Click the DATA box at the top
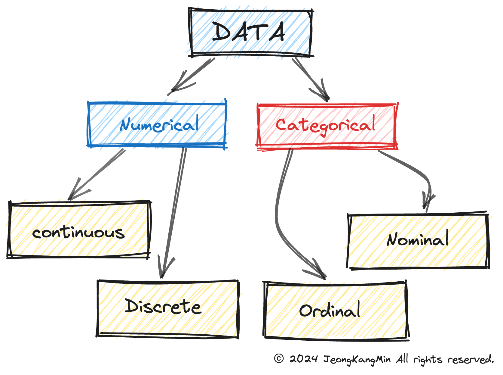tap(250, 33)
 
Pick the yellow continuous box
tap(79, 230)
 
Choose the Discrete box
tap(167, 309)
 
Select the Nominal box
tap(418, 240)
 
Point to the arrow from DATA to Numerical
tap(192, 77)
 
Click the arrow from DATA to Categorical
tap(311, 80)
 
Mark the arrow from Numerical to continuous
tap(97, 174)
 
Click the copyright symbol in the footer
tap(279, 358)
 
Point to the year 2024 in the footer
tap(304, 359)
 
